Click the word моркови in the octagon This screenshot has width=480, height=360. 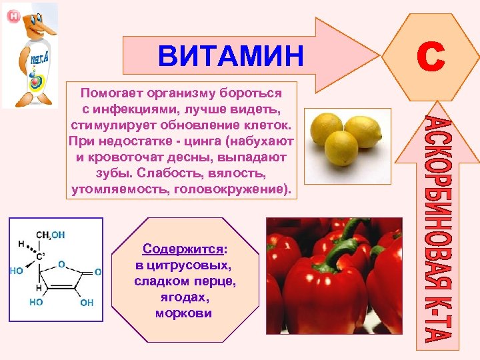[x=183, y=313]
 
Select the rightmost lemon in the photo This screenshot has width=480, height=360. [x=363, y=131]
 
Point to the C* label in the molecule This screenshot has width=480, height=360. [x=40, y=255]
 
